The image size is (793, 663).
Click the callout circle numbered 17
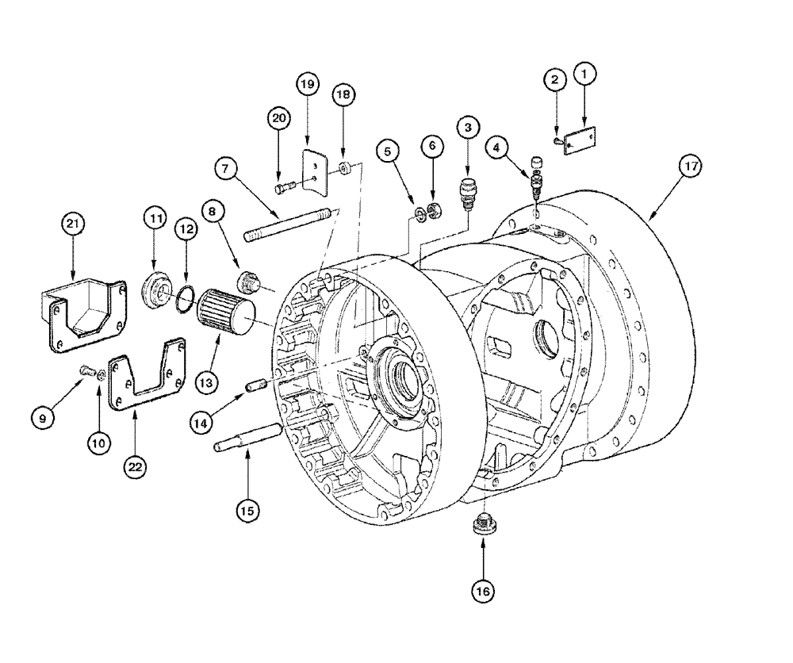(690, 168)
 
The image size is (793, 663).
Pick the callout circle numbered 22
(135, 468)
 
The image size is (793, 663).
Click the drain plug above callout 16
(482, 526)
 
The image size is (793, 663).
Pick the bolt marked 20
(286, 189)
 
